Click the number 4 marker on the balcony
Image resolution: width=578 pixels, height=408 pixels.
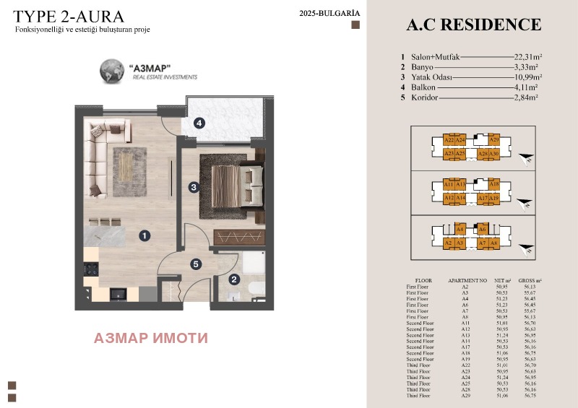point(199,123)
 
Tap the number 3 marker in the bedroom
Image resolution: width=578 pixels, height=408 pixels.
point(194,187)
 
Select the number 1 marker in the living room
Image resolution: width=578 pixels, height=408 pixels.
point(144,235)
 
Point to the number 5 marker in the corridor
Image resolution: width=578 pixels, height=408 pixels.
point(196,264)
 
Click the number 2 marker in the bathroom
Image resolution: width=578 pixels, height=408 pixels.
point(233,280)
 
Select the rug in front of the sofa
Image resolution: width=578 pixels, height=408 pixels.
point(134,170)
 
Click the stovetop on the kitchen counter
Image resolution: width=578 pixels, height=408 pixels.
point(92,269)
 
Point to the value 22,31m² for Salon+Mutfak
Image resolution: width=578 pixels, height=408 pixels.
point(528,56)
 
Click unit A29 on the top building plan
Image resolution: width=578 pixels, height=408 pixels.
point(494,140)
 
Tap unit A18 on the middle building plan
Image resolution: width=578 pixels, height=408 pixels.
point(494,185)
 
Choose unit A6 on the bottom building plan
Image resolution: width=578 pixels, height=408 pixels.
point(483,230)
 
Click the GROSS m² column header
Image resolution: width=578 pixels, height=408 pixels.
point(530,279)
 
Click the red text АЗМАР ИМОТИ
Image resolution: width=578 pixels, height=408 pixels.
point(151,337)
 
